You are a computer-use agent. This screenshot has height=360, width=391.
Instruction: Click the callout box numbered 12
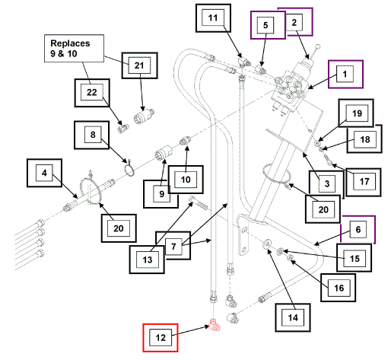pos(161,338)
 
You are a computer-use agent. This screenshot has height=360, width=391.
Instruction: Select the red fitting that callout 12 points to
pos(215,325)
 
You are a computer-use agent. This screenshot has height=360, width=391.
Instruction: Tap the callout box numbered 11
pos(213,18)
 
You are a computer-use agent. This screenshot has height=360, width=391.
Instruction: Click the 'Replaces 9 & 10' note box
pos(74,48)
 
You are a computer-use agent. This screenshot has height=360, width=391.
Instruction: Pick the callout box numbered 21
pos(139,65)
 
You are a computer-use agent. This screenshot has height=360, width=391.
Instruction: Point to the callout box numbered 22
pos(92,93)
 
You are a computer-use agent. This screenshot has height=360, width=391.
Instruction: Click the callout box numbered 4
pos(44,173)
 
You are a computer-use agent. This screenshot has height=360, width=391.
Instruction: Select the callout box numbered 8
pos(92,135)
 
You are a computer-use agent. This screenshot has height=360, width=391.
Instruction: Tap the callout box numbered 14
pos(293,317)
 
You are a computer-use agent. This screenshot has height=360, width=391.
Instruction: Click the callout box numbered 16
pos(338,288)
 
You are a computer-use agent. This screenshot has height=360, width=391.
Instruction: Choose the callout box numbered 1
pos(345,74)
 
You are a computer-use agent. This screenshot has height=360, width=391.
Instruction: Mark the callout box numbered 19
pos(356,113)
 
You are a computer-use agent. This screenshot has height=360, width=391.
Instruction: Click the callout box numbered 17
pos(364,182)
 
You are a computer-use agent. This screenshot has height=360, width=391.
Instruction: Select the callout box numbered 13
pos(147,260)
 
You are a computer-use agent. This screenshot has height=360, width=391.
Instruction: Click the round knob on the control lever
pos(317,46)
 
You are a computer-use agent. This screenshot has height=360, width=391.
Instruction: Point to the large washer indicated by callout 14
pos(266,244)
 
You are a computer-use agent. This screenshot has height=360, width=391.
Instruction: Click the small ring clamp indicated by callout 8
pos(129,169)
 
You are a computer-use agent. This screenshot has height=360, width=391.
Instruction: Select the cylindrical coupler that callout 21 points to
pos(144,116)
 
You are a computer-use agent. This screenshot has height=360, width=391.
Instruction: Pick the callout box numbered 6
pos(358,230)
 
